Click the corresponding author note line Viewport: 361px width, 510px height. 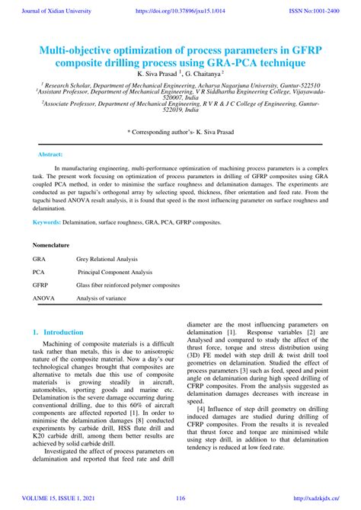pos(180,132)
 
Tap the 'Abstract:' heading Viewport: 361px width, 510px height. pos(50,154)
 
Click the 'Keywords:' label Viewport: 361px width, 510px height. pos(46,222)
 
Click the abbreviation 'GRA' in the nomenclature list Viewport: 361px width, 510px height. pos(39,259)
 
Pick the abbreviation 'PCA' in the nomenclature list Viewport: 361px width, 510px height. pos(39,272)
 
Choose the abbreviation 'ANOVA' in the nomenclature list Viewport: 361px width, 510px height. pos(43,298)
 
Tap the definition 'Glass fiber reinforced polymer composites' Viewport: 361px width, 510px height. pos(128,285)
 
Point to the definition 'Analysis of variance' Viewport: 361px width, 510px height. pos(101,298)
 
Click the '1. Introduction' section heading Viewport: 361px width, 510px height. pos(58,333)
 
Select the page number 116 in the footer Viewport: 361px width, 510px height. pos(180,498)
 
